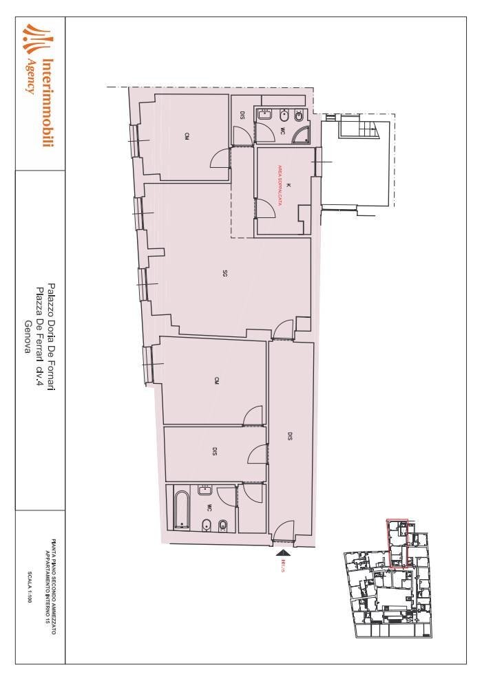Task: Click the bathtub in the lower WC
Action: pyautogui.click(x=182, y=508)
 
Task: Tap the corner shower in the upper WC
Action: pyautogui.click(x=300, y=135)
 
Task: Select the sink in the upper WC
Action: pyautogui.click(x=265, y=116)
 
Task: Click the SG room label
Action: pyautogui.click(x=225, y=274)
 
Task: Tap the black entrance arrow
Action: pyautogui.click(x=284, y=550)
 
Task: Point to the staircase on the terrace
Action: pyautogui.click(x=370, y=127)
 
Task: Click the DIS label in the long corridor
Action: pyautogui.click(x=290, y=436)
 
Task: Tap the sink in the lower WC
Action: pyautogui.click(x=205, y=490)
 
